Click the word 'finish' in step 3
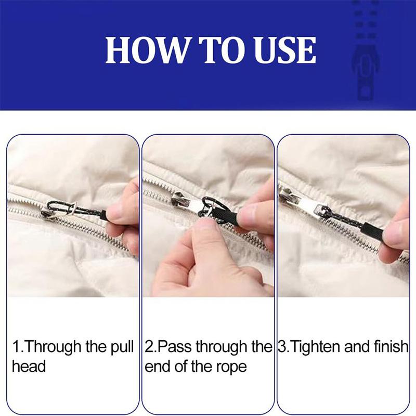point(390,347)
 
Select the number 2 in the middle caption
point(149,347)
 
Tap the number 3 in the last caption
point(283,347)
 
